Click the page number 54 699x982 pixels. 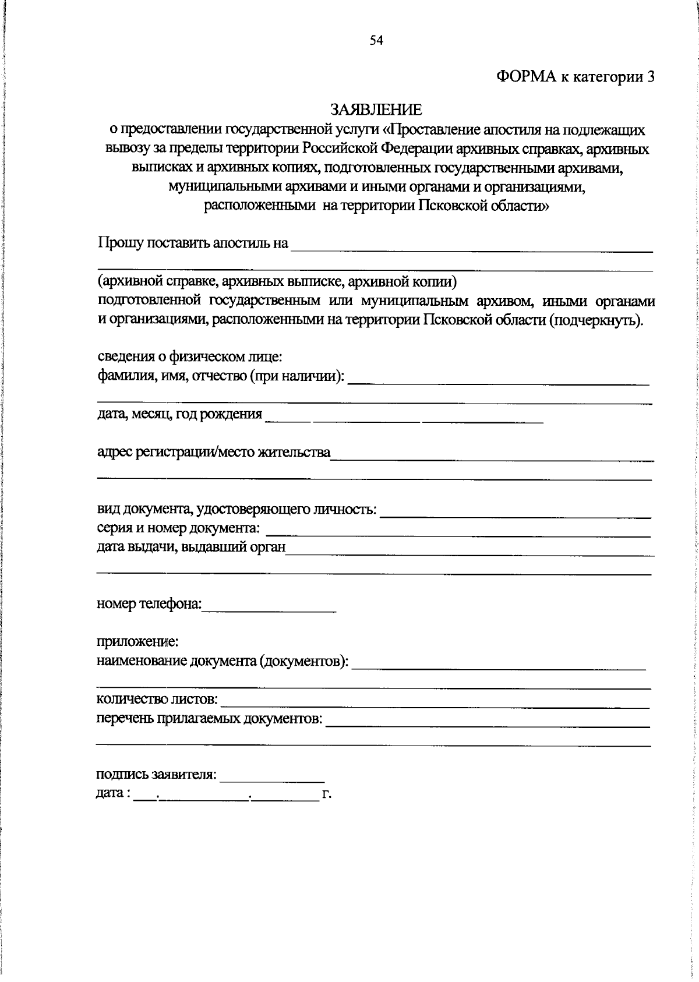click(376, 40)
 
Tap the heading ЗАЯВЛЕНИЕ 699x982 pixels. click(376, 109)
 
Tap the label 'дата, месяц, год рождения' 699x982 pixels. click(179, 414)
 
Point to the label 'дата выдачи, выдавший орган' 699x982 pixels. click(191, 547)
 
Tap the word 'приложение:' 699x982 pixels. click(137, 642)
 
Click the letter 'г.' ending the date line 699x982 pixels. click(326, 794)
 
